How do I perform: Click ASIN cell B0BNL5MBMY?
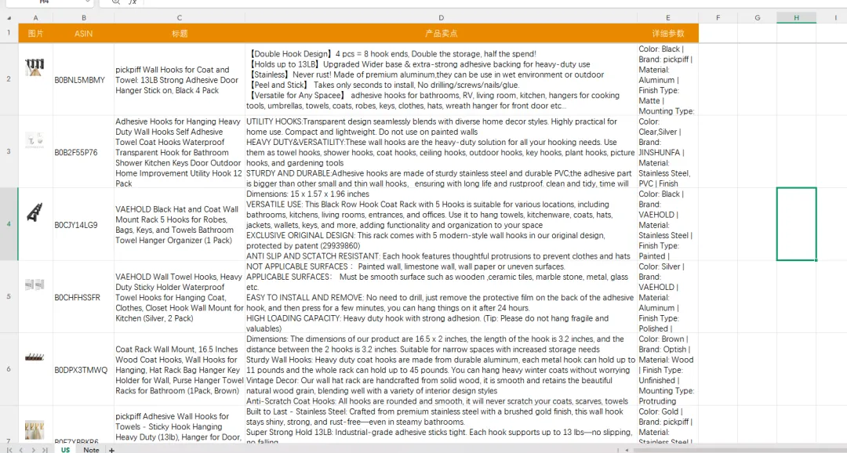click(x=79, y=80)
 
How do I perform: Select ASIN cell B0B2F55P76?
click(x=76, y=153)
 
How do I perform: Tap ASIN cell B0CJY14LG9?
click(x=76, y=225)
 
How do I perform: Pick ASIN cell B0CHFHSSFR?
click(x=78, y=298)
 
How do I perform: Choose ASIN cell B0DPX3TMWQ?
click(x=81, y=370)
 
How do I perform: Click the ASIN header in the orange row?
click(x=83, y=34)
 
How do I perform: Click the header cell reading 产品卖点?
click(x=441, y=34)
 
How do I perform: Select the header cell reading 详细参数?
click(x=667, y=34)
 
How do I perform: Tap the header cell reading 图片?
click(x=35, y=34)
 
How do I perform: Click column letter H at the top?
click(x=796, y=17)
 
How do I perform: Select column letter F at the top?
click(x=718, y=17)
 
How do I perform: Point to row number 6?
click(x=9, y=369)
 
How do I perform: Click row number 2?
click(x=9, y=79)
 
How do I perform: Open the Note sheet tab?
click(x=91, y=449)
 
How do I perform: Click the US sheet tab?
click(x=65, y=449)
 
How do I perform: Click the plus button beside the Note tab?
click(x=111, y=449)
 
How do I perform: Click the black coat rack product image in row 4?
click(x=35, y=212)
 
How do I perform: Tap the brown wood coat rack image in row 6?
click(x=35, y=357)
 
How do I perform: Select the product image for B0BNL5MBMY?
click(x=35, y=67)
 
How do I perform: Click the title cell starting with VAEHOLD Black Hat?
click(x=179, y=225)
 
